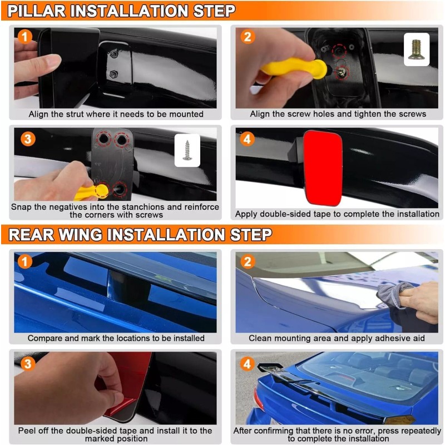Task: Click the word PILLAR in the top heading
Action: pos(37,11)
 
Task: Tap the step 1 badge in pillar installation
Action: pos(24,37)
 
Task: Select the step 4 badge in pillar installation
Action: pos(247,140)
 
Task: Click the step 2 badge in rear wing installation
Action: pos(248,261)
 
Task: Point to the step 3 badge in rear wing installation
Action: pos(28,364)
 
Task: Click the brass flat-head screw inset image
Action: pos(416,50)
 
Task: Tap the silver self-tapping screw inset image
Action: pos(187,150)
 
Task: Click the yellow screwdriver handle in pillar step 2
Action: pos(294,67)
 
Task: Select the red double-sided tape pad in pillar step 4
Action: pos(323,168)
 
